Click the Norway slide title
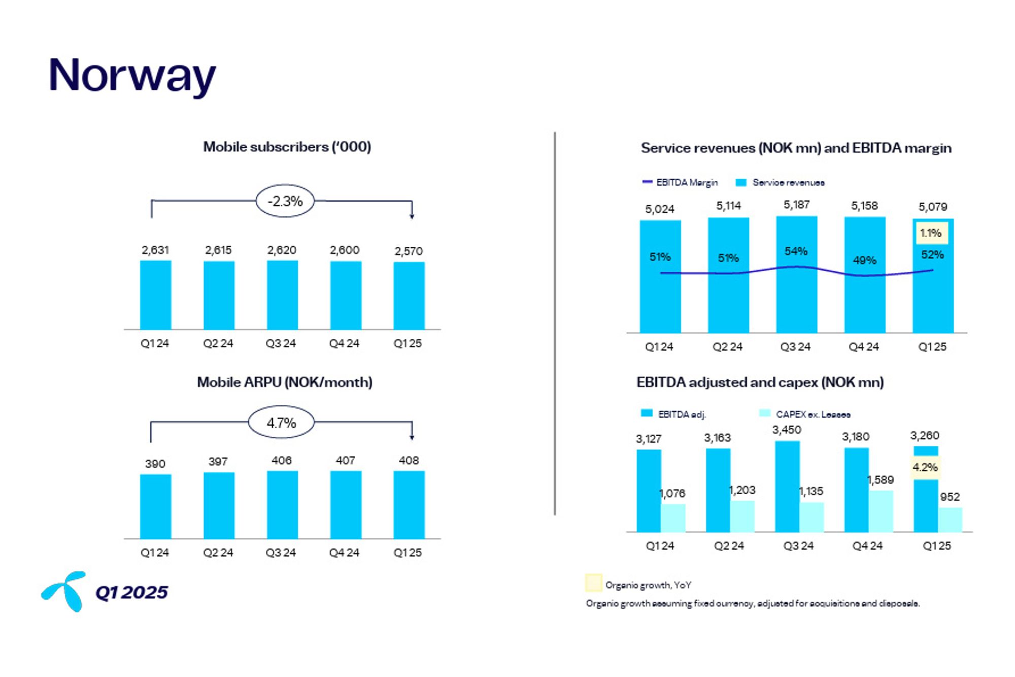(x=132, y=75)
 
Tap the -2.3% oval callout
(x=285, y=201)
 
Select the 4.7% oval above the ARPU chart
(x=281, y=423)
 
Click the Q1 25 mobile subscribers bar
(x=409, y=296)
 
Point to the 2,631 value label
(x=155, y=250)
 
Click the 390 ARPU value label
(x=155, y=464)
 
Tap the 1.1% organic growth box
(x=930, y=233)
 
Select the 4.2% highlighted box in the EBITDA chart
(x=925, y=467)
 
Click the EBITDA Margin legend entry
(x=680, y=182)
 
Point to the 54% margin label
(x=796, y=251)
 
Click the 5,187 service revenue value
(x=796, y=205)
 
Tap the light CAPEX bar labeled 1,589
(x=881, y=511)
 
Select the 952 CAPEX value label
(x=950, y=497)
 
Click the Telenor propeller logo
(x=64, y=591)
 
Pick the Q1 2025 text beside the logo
(x=131, y=592)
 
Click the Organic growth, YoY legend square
(x=593, y=583)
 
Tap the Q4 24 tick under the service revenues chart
(x=864, y=347)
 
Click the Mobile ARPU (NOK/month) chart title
(x=285, y=382)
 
